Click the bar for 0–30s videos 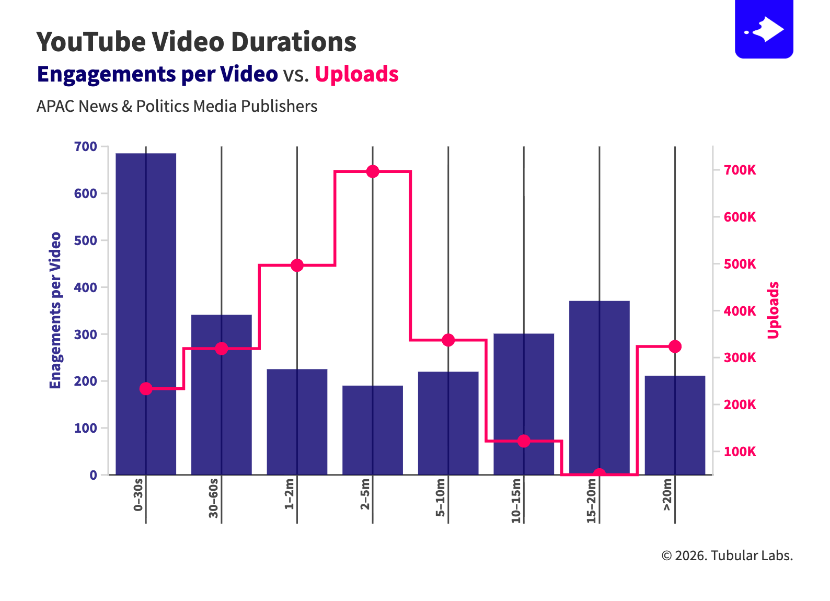click(146, 314)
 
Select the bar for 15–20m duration click(600, 387)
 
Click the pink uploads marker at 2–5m click(373, 171)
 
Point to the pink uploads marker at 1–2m click(297, 265)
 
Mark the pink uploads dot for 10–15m click(524, 441)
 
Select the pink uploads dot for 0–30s click(146, 388)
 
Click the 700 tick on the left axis click(86, 147)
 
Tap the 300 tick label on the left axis click(86, 334)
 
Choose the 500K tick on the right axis click(740, 264)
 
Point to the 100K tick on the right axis click(740, 452)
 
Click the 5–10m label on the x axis click(441, 498)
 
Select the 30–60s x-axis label click(213, 498)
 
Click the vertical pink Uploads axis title click(774, 310)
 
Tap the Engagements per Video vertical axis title click(55, 310)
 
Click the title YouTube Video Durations click(196, 42)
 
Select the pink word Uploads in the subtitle click(356, 74)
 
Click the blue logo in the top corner click(764, 29)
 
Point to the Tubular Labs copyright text click(727, 556)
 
